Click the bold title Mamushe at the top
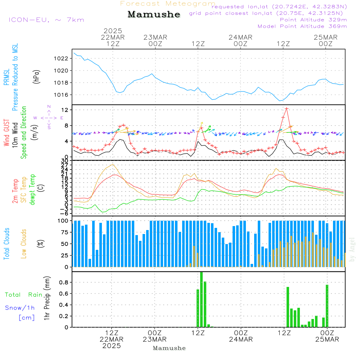[154, 14]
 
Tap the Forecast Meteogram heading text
[168, 4]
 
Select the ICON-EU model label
[46, 20]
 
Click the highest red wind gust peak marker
[287, 108]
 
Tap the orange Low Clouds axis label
[24, 244]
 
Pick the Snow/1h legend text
[20, 308]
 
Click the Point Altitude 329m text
[313, 20]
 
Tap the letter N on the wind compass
[49, 107]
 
